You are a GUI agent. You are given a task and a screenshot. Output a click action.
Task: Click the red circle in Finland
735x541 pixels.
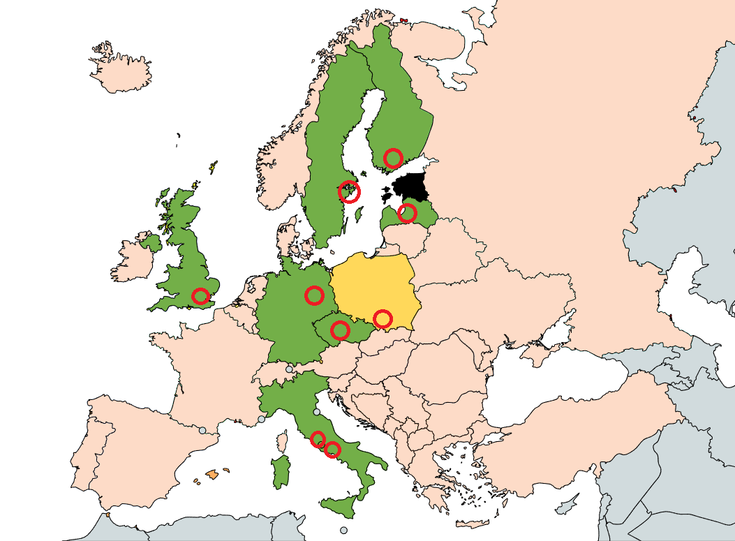tap(393, 158)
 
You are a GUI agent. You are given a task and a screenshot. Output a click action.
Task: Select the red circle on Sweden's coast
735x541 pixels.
tap(349, 191)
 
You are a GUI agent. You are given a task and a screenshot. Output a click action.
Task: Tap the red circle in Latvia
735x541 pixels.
tap(407, 213)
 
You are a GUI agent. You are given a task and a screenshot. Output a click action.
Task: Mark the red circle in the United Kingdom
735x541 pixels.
tap(200, 296)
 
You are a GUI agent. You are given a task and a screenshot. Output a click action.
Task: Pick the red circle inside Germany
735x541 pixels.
tap(314, 295)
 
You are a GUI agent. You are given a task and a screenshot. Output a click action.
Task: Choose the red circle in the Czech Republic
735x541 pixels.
tap(340, 330)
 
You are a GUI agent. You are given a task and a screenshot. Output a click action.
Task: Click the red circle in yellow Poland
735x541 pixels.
tap(382, 319)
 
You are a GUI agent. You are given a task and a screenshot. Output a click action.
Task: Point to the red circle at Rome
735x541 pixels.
tap(318, 439)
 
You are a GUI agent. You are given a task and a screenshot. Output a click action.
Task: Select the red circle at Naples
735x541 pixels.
tap(332, 450)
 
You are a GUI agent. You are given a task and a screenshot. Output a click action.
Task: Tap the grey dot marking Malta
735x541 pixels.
tap(343, 530)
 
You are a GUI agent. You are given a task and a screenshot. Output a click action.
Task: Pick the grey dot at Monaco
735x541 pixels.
tap(262, 420)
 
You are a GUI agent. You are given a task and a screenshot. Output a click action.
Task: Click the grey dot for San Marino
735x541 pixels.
tap(317, 412)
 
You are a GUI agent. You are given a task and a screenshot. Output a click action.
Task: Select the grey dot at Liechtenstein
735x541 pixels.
tap(289, 369)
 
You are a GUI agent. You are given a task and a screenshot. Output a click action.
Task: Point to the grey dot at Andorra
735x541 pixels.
tap(202, 431)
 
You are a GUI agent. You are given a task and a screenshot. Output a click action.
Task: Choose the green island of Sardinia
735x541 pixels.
tap(280, 473)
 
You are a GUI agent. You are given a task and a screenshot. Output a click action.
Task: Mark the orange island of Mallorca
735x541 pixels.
tap(213, 475)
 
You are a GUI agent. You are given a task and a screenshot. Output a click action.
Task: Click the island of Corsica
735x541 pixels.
tap(283, 441)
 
